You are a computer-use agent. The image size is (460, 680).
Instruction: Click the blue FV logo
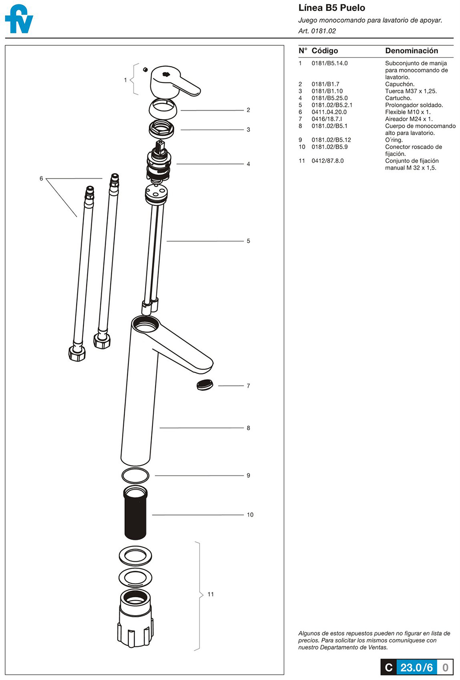tap(19, 19)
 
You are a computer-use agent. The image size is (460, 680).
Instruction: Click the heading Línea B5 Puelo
tap(332, 8)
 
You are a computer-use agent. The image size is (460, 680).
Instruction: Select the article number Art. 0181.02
tap(317, 31)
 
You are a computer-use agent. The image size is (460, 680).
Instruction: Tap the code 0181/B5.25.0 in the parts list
tap(329, 98)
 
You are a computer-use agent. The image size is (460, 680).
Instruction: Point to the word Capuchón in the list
tap(400, 84)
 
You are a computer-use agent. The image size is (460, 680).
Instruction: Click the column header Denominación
tap(411, 51)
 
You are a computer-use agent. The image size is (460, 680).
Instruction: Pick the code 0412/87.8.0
tap(328, 160)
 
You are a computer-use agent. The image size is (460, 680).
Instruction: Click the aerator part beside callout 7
tap(205, 385)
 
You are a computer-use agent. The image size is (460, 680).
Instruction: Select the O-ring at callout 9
tap(135, 476)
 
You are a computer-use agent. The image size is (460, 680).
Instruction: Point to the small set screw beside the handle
tap(145, 69)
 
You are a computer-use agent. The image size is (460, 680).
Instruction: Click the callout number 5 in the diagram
tap(248, 241)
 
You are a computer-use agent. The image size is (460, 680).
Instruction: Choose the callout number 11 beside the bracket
tap(210, 594)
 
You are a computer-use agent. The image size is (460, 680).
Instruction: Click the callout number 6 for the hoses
tap(41, 179)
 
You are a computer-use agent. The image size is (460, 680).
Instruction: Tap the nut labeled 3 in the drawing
tap(161, 129)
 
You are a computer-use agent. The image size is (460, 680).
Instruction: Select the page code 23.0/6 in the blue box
tap(416, 667)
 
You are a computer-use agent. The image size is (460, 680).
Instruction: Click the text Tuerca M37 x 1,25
tap(411, 91)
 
